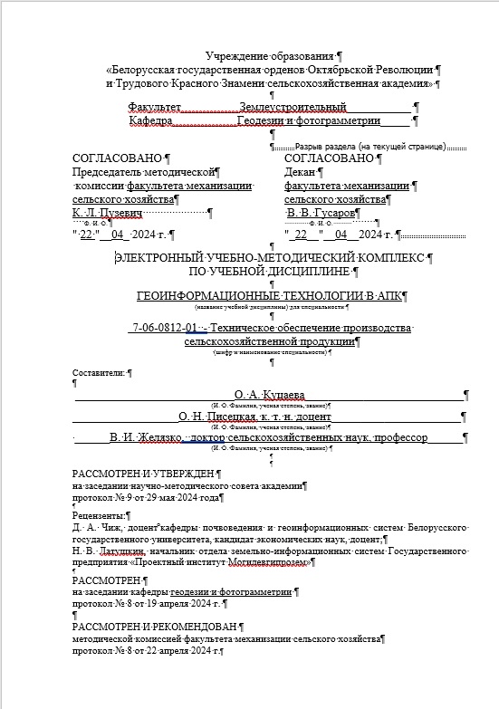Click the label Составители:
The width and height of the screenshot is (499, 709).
(99, 372)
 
